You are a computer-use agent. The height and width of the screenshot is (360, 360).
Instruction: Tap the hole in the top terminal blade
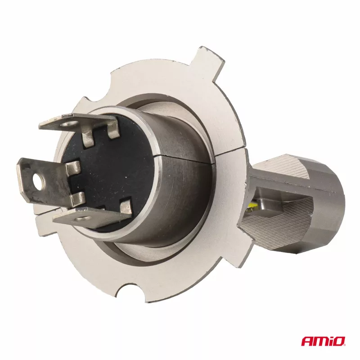[67, 124]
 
